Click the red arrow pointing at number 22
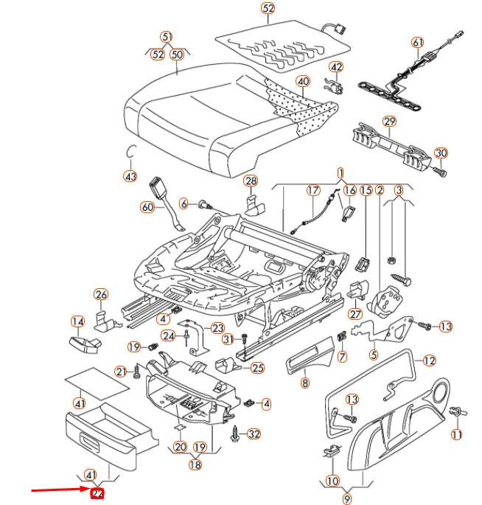(x=59, y=490)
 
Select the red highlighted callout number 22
(x=95, y=494)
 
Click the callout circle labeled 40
(x=303, y=81)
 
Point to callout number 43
(x=130, y=177)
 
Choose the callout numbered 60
(x=148, y=208)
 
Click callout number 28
(x=251, y=181)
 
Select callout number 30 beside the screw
(x=441, y=153)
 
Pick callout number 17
(x=312, y=190)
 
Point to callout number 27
(x=356, y=313)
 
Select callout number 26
(x=100, y=296)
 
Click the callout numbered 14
(x=77, y=321)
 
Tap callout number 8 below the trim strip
(x=304, y=383)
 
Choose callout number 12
(x=430, y=361)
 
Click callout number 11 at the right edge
(x=456, y=435)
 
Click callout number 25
(x=257, y=368)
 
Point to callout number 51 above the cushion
(x=167, y=36)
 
